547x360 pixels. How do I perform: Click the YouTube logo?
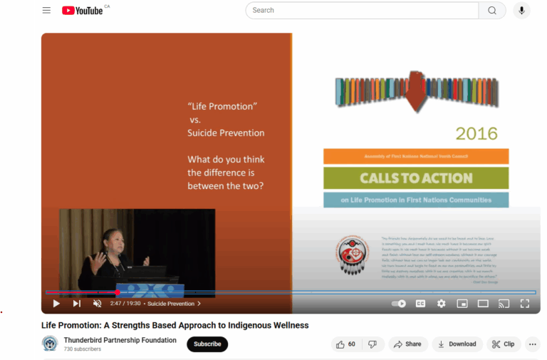coord(82,10)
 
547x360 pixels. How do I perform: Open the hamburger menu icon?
coord(46,10)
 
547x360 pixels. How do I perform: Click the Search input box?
coord(362,10)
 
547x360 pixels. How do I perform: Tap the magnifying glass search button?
coord(492,10)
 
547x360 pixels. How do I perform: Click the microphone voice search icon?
coord(522,10)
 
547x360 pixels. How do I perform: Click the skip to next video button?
coord(76,304)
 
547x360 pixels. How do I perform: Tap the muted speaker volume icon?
coord(97,304)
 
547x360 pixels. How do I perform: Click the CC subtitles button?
coord(420,304)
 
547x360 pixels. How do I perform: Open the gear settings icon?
coord(442,304)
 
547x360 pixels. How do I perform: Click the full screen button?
coord(525,304)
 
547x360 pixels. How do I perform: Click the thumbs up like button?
coord(346,344)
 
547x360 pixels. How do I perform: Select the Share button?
coord(408,344)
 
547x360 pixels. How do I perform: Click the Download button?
coord(457,344)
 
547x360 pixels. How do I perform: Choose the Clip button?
coord(503,344)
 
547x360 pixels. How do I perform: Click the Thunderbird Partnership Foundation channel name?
coord(120,340)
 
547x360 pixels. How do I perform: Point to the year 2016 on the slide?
coord(476,133)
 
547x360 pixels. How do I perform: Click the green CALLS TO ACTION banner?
coord(416,178)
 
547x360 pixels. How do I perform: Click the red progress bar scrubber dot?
coord(118,292)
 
